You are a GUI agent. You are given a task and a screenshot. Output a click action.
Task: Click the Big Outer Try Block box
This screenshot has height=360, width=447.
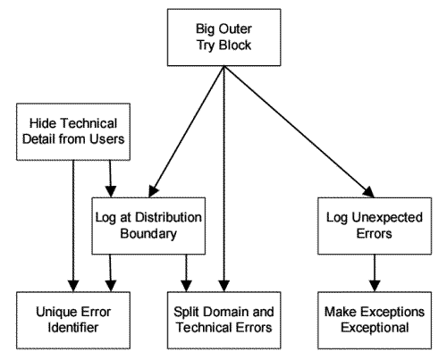(223, 38)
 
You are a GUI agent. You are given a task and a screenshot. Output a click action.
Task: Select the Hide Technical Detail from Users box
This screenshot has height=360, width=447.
(73, 131)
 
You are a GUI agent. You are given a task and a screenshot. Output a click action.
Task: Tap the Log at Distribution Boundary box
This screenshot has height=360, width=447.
(148, 226)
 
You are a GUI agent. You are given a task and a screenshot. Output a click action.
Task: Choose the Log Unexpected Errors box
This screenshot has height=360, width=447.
(375, 226)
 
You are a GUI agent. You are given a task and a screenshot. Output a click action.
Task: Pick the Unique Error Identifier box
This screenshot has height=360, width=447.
(73, 320)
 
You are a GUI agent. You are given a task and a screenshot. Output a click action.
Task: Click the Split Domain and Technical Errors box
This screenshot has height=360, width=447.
(223, 320)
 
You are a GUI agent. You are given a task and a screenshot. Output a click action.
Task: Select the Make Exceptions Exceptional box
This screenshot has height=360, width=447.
(375, 320)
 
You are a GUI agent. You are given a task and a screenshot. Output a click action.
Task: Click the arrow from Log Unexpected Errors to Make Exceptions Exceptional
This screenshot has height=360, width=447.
(375, 273)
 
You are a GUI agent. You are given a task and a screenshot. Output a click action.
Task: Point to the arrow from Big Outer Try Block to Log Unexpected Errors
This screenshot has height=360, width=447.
(299, 131)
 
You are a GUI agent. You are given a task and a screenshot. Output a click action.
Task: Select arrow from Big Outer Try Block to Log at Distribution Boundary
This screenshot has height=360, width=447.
(186, 131)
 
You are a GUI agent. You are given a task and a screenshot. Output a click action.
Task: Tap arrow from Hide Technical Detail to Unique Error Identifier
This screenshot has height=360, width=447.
(73, 226)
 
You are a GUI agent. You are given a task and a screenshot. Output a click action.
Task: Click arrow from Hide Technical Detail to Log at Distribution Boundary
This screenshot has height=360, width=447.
(110, 179)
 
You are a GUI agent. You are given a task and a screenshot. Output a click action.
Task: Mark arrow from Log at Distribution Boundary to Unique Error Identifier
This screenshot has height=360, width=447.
(110, 273)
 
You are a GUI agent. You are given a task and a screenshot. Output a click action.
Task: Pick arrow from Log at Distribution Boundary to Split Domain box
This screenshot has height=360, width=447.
(186, 273)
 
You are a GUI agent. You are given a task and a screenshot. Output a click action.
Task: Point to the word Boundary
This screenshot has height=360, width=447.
(148, 234)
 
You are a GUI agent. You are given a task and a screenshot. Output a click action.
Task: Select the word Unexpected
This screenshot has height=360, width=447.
(387, 218)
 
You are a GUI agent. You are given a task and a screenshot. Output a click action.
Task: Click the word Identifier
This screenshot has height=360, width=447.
(73, 328)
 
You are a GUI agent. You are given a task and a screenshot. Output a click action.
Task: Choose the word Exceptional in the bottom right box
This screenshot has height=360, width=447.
(375, 328)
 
